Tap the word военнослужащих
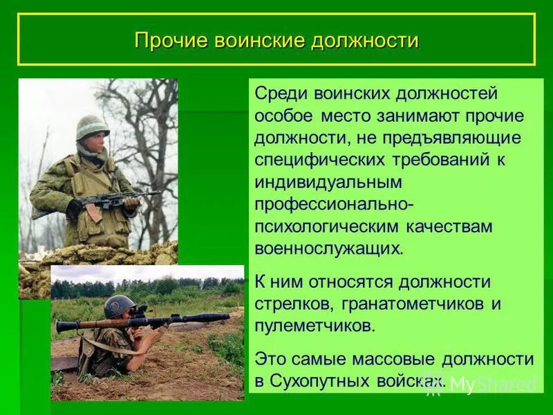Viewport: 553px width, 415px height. tap(328, 248)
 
